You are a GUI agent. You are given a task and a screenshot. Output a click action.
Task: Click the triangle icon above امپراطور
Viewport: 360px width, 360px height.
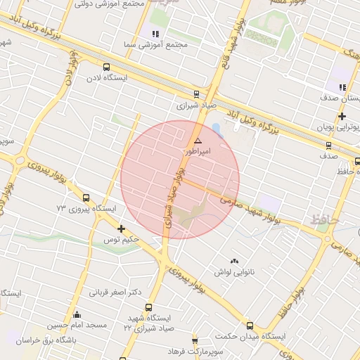[198, 141]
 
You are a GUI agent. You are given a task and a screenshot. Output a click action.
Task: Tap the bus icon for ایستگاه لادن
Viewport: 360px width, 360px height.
[106, 67]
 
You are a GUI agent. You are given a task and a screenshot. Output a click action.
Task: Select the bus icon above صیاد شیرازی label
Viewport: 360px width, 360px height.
[196, 94]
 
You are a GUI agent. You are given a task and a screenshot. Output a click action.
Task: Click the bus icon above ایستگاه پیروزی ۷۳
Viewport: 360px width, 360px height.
[86, 198]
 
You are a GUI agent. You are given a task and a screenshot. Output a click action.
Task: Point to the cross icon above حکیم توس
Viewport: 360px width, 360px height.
[122, 229]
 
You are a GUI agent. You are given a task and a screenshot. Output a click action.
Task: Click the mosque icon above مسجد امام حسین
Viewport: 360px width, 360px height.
[77, 314]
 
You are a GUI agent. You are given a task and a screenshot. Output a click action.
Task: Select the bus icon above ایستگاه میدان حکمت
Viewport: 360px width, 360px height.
[250, 325]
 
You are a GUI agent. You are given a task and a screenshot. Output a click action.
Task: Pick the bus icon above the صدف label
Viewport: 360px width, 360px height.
[329, 146]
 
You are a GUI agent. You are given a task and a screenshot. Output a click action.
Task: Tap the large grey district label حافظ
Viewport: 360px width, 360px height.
[324, 221]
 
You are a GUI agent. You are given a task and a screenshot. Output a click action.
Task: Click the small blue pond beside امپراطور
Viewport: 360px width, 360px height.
[216, 130]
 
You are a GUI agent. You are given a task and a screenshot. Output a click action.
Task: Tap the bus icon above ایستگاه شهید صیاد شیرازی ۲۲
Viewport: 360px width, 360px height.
[148, 307]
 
